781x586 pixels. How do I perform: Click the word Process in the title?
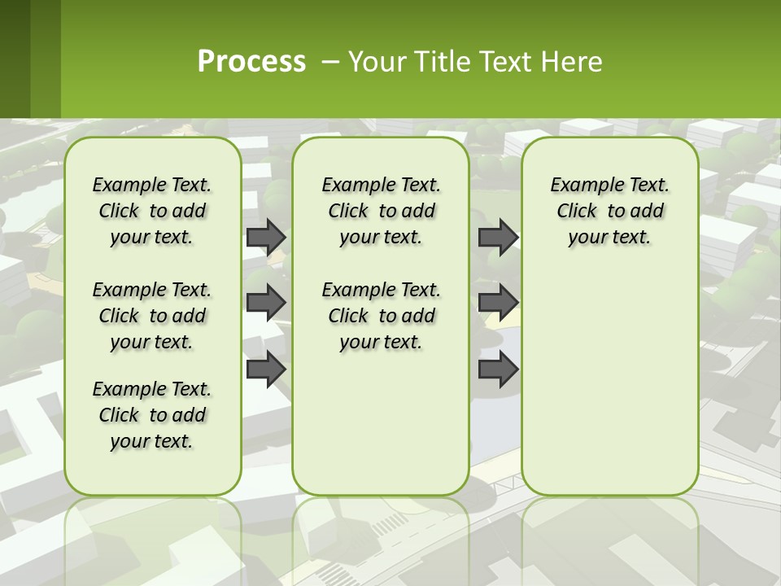[x=251, y=61]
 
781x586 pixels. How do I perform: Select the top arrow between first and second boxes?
[x=266, y=237]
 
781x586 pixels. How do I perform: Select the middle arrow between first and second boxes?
[x=266, y=302]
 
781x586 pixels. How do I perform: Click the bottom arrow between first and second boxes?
[x=266, y=369]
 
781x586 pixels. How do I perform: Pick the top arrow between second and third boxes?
[x=498, y=237]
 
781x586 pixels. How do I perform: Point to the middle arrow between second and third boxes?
[x=498, y=302]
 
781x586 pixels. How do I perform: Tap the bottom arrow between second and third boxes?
[x=498, y=369]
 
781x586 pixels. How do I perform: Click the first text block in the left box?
[x=152, y=211]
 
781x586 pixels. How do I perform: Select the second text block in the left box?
[x=152, y=316]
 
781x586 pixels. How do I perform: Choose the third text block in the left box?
[x=152, y=415]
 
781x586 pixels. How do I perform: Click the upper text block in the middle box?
[x=381, y=211]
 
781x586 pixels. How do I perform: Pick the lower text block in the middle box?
[x=381, y=316]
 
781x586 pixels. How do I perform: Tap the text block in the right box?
[x=609, y=211]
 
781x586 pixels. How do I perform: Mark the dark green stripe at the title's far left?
[x=15, y=59]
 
